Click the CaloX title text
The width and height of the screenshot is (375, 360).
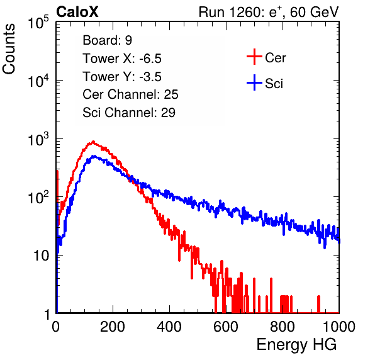(77, 12)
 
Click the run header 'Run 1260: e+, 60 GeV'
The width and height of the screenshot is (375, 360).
(269, 12)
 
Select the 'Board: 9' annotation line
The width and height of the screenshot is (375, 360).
(107, 40)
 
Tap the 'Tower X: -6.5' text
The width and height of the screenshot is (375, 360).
(122, 59)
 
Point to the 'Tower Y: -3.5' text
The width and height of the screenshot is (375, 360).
(122, 77)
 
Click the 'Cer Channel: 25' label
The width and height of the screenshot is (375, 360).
(130, 94)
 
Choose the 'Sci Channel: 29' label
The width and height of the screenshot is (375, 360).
(129, 113)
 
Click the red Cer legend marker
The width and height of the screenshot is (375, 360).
(254, 57)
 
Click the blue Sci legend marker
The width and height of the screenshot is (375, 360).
(254, 82)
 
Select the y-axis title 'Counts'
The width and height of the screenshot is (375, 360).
(9, 48)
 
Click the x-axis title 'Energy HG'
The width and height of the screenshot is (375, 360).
(296, 345)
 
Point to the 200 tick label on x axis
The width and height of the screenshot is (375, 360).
(113, 327)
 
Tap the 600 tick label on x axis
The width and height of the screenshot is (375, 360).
(226, 327)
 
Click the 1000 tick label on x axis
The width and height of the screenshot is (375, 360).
(339, 327)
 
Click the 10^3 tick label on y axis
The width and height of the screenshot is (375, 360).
(38, 139)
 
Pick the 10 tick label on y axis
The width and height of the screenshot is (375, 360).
(42, 256)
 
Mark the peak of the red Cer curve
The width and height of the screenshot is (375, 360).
(93, 142)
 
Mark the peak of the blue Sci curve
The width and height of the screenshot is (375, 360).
(94, 157)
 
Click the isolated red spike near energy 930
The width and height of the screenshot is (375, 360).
(318, 304)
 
